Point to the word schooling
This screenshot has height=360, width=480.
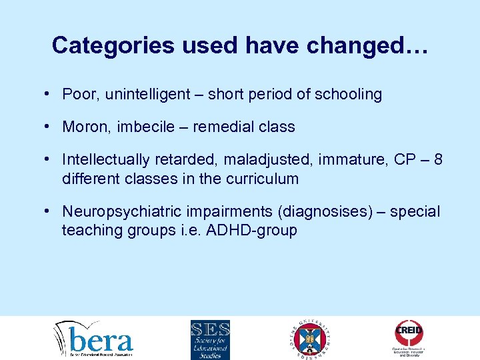tap(349, 95)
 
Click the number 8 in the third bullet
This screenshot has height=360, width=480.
tap(437, 159)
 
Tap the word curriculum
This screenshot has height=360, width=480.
tap(263, 179)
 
